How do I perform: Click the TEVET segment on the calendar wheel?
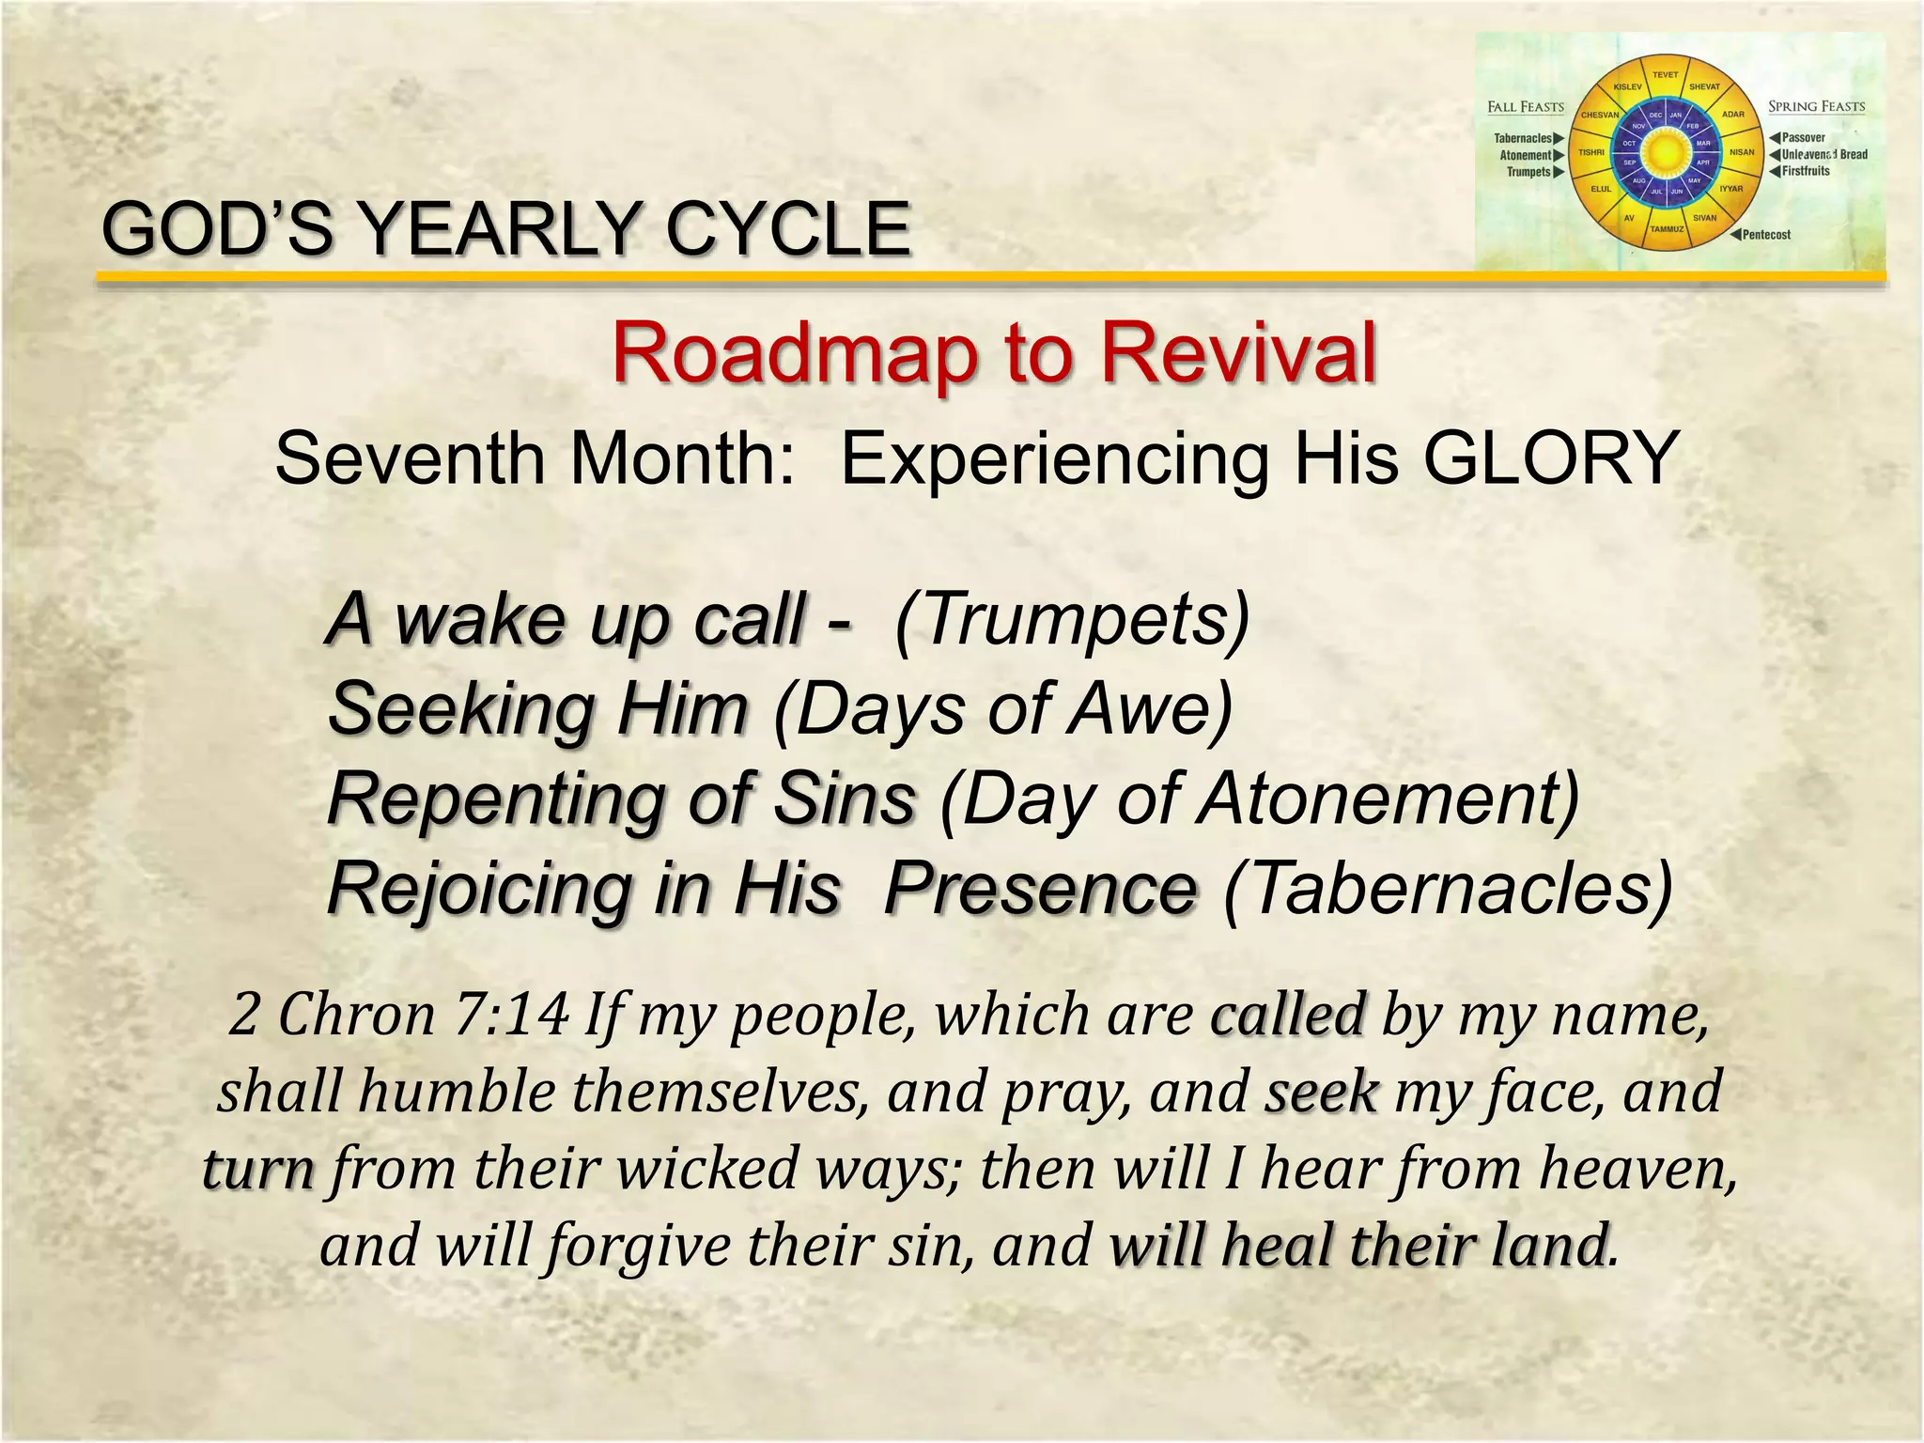pos(1665,75)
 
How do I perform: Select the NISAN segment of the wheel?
pos(1742,152)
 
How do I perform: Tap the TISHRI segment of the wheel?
pos(1591,152)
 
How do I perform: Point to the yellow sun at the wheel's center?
pos(1666,151)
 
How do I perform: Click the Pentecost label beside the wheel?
pos(1766,235)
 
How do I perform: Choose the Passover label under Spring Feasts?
pos(1803,138)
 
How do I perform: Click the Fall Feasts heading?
pos(1526,107)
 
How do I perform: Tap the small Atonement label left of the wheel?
pos(1526,155)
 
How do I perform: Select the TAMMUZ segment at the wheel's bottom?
pos(1667,229)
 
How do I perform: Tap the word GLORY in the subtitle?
pos(1551,458)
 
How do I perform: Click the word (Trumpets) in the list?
pos(1073,620)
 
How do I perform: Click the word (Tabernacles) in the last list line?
pos(1448,889)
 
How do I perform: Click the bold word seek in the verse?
pos(1321,1093)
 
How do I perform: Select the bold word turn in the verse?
pos(258,1170)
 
